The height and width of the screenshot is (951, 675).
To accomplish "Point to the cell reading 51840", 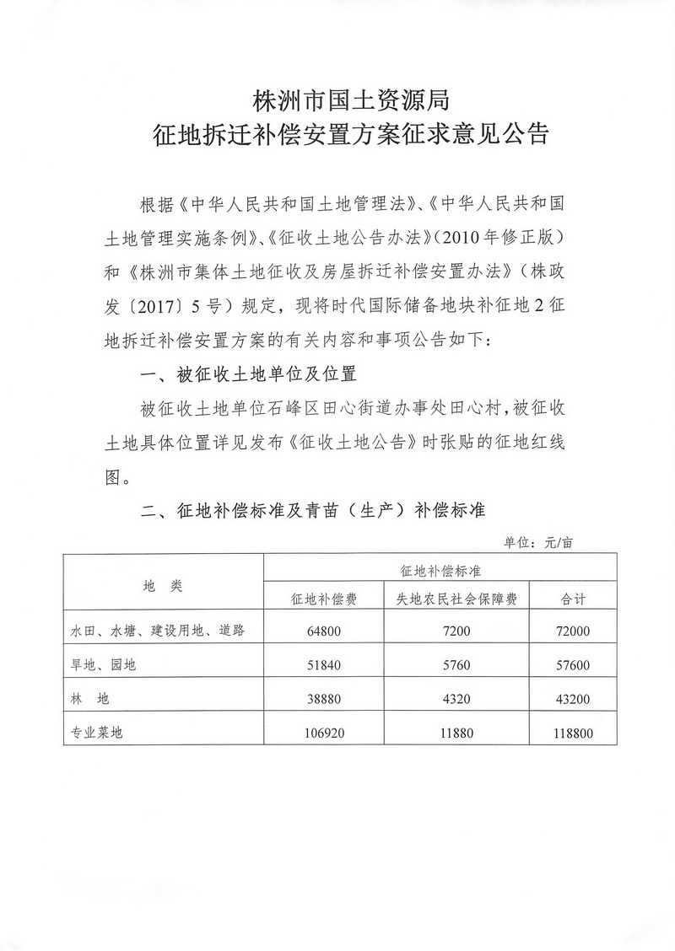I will [322, 665].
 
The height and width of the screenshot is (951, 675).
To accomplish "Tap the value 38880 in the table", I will [322, 699].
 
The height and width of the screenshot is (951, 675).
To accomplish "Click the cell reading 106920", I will [322, 733].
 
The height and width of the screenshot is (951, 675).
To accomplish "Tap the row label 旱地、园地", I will [103, 665].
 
